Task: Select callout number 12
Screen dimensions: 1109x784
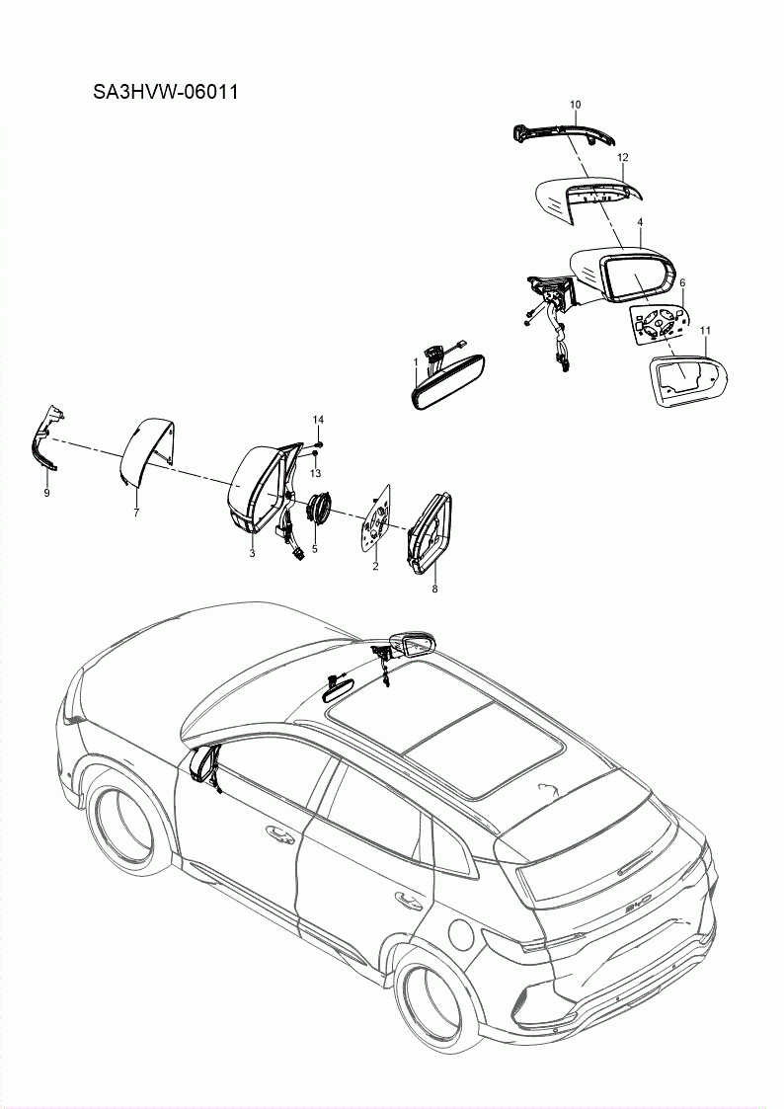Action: tap(623, 157)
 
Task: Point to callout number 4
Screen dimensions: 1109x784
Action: tap(640, 223)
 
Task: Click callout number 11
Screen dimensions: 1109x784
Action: tap(705, 329)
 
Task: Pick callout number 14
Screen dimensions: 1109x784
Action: tap(318, 421)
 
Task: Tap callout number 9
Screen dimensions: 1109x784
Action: tap(46, 492)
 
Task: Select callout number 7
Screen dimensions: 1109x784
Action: tap(136, 512)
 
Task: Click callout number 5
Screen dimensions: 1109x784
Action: tap(314, 549)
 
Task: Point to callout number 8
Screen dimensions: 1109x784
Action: tap(434, 589)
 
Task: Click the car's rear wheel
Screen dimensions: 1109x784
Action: tap(433, 997)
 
